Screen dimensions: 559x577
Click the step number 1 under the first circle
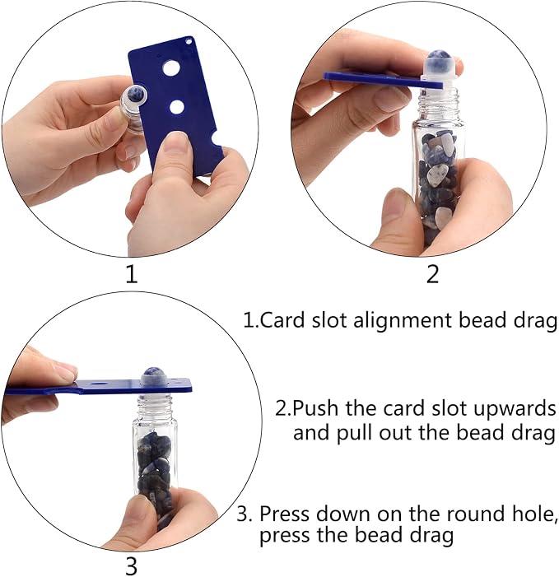[x=132, y=275]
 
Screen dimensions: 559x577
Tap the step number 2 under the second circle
[x=433, y=275]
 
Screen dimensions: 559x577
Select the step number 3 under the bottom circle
[x=132, y=566]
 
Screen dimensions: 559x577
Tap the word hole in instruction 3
[x=533, y=514]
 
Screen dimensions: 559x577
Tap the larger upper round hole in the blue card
[x=171, y=68]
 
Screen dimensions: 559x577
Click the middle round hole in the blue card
[x=177, y=107]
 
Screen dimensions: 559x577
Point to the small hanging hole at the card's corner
[x=189, y=42]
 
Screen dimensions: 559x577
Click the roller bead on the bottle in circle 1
[x=135, y=94]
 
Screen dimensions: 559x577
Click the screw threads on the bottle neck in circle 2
[x=440, y=100]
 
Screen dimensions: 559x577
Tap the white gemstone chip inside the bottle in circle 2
[x=438, y=174]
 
